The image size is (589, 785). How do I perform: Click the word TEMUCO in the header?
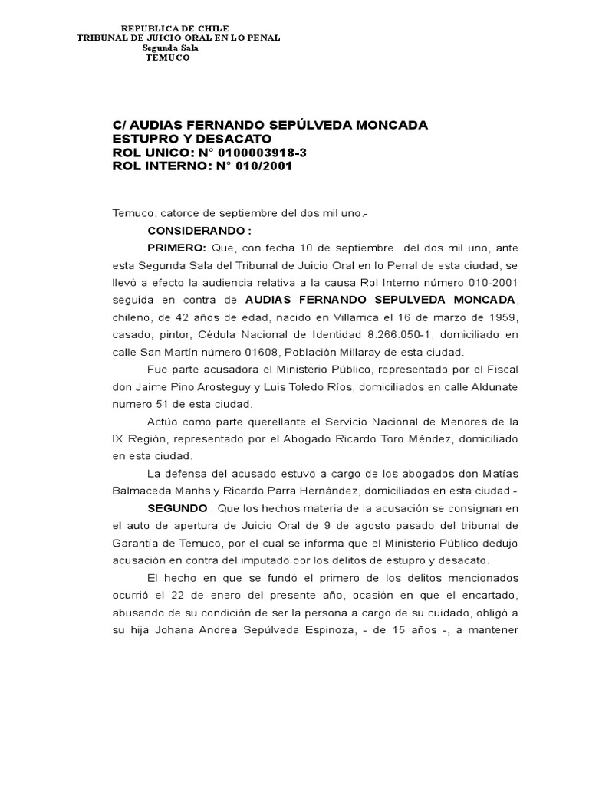[x=167, y=57]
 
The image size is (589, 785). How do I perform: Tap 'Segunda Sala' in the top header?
[x=170, y=48]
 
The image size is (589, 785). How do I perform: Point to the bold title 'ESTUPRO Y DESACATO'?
[x=192, y=139]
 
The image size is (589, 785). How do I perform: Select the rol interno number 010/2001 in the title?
[x=265, y=166]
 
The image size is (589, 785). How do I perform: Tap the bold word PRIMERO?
[x=176, y=248]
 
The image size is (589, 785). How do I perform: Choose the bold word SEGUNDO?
[x=176, y=507]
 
